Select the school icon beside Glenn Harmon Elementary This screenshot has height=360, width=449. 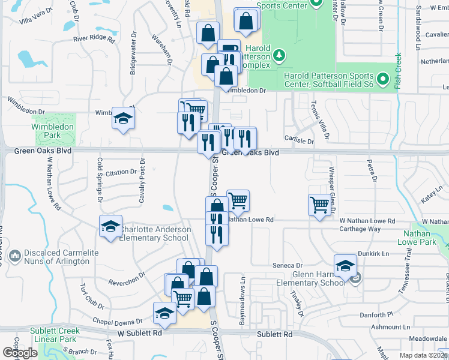[346, 265]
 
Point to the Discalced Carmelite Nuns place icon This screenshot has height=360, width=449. [15, 256]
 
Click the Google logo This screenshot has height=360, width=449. [20, 353]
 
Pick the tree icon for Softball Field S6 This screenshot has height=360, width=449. [382, 79]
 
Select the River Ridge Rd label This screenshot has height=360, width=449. [94, 38]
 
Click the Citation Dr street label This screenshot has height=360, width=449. [121, 172]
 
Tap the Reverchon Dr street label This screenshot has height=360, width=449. [127, 278]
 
